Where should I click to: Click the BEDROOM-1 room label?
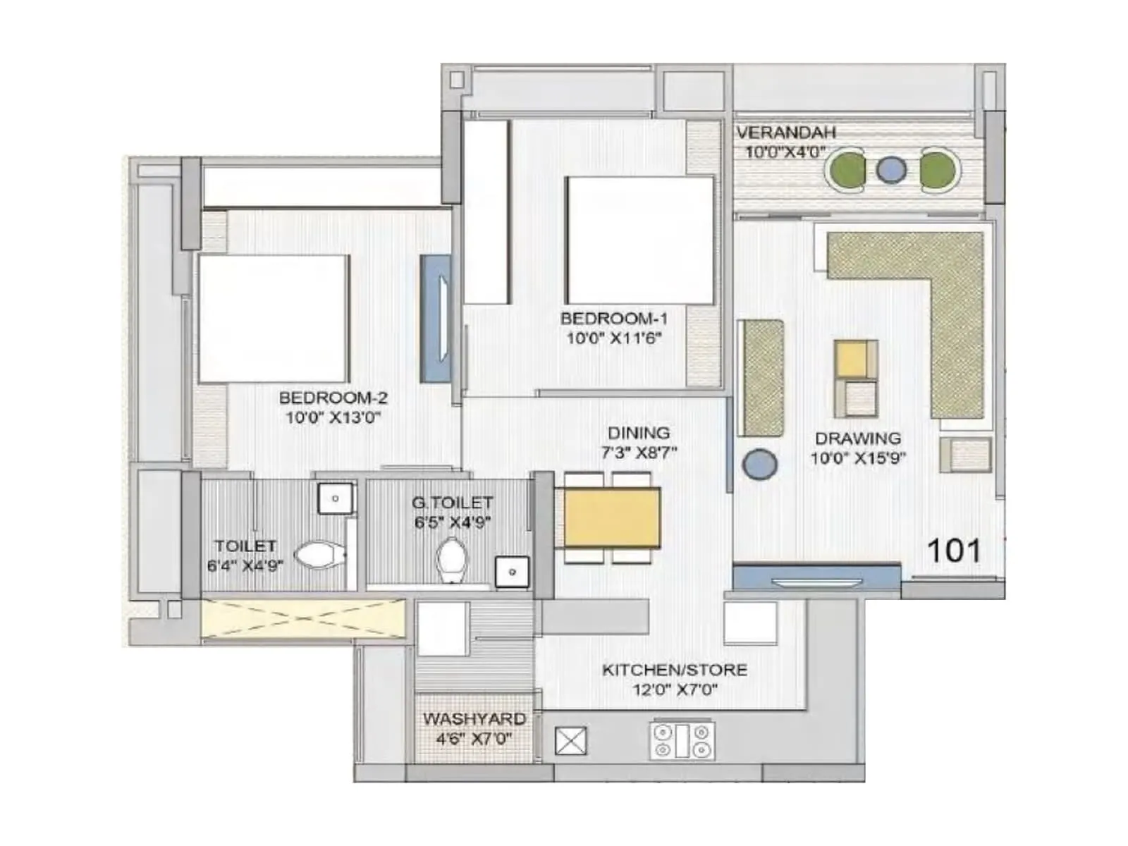(x=613, y=319)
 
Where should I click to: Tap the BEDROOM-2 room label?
(x=333, y=398)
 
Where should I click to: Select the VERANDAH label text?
(x=786, y=133)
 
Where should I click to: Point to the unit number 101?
(x=954, y=551)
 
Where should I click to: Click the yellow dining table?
(x=611, y=518)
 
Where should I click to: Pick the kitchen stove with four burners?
(x=682, y=741)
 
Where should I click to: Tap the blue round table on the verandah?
(x=891, y=170)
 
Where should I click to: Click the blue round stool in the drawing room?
(x=759, y=465)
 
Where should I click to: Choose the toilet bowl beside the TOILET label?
(x=319, y=555)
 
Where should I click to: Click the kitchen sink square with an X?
(x=570, y=741)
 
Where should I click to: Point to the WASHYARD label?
(x=474, y=718)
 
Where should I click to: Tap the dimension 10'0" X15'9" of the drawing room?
(x=858, y=458)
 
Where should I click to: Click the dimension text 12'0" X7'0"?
(x=675, y=689)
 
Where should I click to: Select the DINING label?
(x=639, y=433)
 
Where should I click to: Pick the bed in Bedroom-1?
(x=639, y=240)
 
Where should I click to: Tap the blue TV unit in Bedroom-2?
(x=435, y=319)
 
